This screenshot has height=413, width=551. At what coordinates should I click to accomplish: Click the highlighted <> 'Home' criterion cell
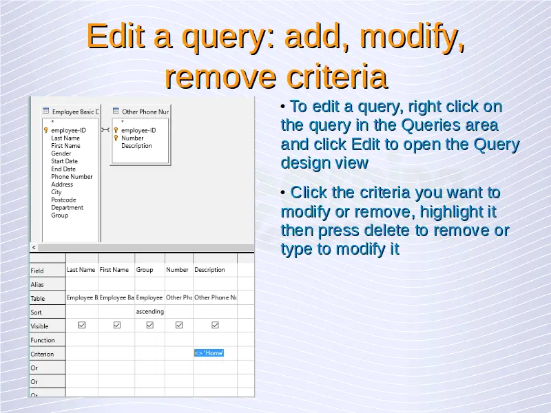pos(209,353)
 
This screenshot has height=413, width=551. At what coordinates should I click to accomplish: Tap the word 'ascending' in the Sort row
pos(149,312)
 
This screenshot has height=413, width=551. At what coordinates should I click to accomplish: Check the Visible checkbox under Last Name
pos(82,325)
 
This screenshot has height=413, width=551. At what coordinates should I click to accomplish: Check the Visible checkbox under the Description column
pos(215,325)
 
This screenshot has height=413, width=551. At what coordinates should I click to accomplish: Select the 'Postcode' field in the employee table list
pos(63,200)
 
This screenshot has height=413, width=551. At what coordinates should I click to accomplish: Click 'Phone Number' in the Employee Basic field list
pos(72,177)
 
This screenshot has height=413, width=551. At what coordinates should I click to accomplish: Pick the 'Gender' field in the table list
pos(61,153)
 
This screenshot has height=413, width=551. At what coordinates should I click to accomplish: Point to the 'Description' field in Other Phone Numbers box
pos(136,146)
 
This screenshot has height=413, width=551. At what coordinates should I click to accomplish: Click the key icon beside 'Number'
pos(116,138)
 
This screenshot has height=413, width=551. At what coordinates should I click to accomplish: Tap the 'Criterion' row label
pos(42,354)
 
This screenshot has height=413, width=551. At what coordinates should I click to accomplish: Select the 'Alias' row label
pos(37,284)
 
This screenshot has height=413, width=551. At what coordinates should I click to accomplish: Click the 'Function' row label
pos(43,340)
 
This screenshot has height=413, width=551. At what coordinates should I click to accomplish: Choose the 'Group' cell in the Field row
pos(145,270)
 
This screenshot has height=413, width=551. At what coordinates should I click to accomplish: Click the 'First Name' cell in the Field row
pos(114,270)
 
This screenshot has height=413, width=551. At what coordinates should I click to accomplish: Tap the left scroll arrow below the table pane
pos(34,248)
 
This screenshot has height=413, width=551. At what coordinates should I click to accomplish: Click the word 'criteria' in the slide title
pos(337,76)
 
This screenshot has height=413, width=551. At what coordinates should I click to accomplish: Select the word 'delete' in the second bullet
pos(388,231)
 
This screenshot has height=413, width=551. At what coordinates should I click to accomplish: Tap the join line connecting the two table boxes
pos(105,130)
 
